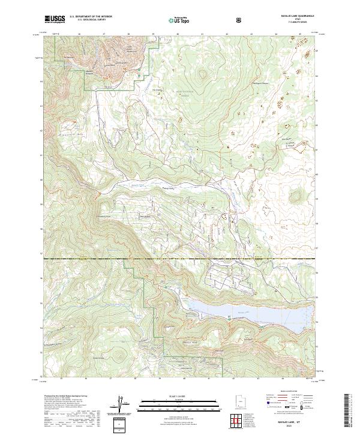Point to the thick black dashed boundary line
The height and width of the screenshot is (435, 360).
coord(180,259)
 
